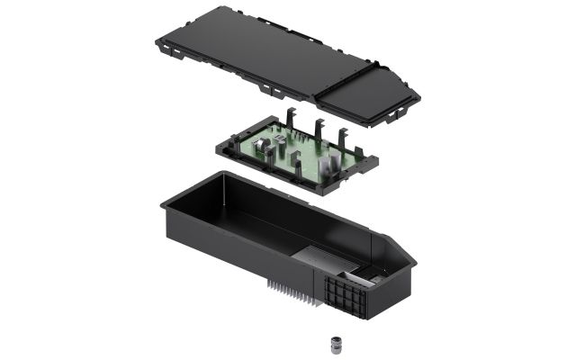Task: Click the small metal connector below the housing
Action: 337,345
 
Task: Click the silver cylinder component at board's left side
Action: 257,144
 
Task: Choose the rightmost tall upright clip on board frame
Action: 345,137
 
